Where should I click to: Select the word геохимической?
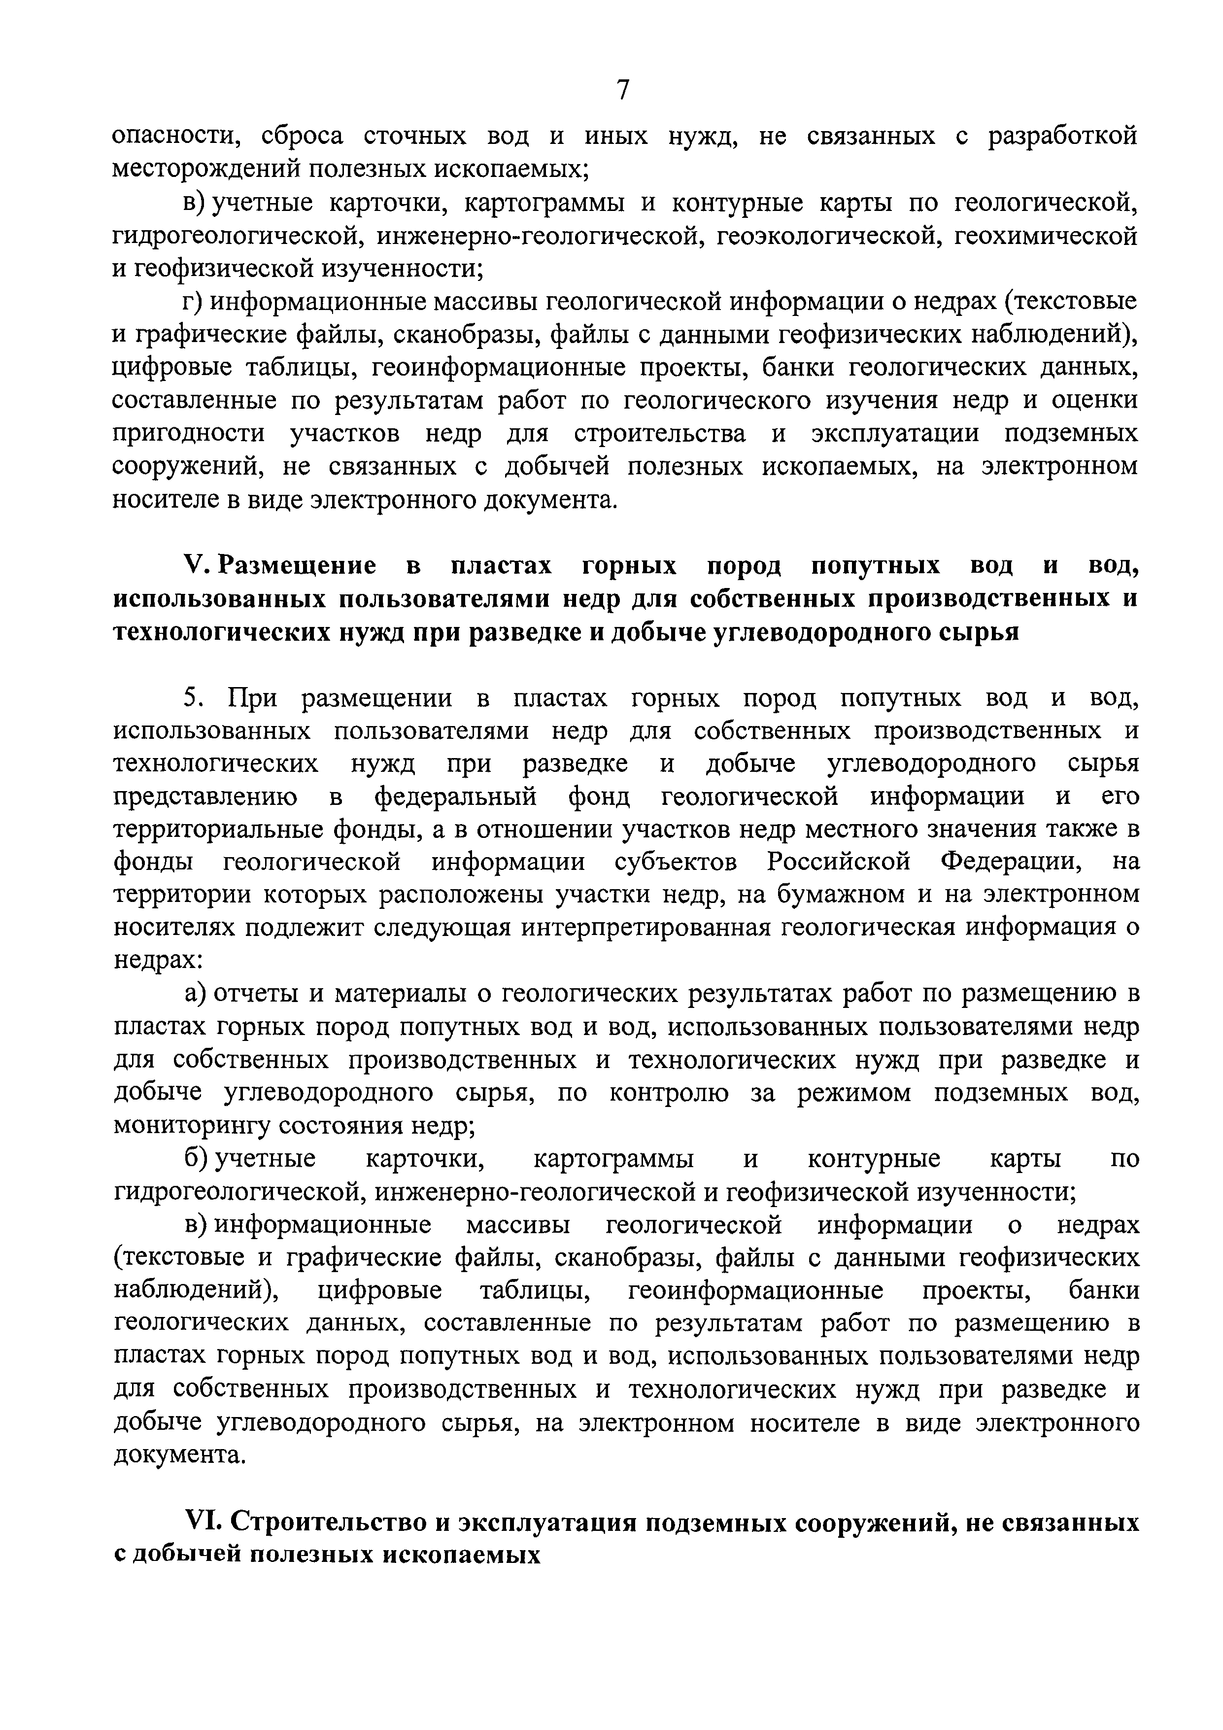(1046, 236)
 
